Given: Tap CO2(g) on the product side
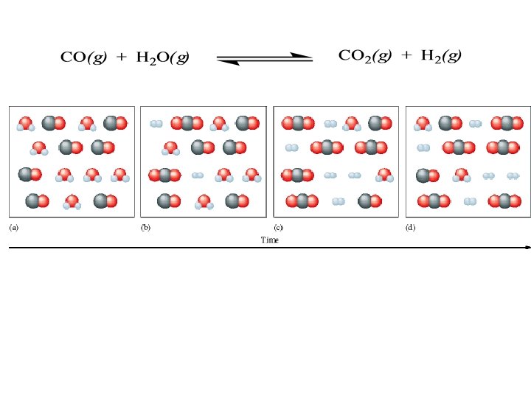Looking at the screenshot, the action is point(364,56).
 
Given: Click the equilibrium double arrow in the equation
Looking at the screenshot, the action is point(265,58).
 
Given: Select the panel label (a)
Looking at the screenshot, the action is point(13,228).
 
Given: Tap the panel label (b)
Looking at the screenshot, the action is point(146,228).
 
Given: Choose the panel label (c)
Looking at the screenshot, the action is point(279,228).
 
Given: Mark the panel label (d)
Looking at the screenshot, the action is point(411,228).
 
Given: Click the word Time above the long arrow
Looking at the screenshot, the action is point(270,240).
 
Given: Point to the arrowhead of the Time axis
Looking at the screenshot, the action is point(527,248).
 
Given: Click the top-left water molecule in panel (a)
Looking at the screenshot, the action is point(26,124).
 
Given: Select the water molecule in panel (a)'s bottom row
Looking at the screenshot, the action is point(72,201).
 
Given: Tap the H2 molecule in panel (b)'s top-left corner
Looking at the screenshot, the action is point(156,124).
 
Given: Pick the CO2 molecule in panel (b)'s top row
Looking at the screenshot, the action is point(187,124).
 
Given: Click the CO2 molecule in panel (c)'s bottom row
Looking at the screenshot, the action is point(302,200).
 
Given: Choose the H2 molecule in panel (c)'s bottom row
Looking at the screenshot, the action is point(339,201).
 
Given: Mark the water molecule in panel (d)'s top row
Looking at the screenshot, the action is point(423,124).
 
